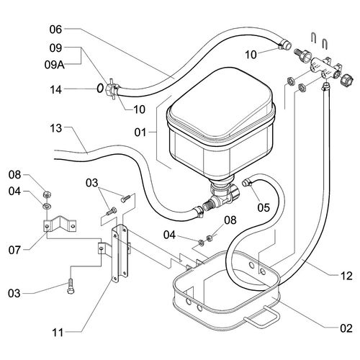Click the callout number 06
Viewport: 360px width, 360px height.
(x=55, y=30)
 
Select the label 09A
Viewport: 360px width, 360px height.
(x=55, y=65)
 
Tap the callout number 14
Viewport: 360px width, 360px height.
(x=56, y=90)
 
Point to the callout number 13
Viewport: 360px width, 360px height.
(x=56, y=128)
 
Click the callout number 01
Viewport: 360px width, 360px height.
(x=140, y=132)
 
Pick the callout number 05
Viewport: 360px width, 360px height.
(x=264, y=207)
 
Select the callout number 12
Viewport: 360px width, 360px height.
(x=346, y=276)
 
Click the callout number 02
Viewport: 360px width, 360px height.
(x=346, y=328)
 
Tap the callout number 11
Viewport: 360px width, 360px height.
(x=58, y=333)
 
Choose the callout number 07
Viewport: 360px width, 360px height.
(x=14, y=250)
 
